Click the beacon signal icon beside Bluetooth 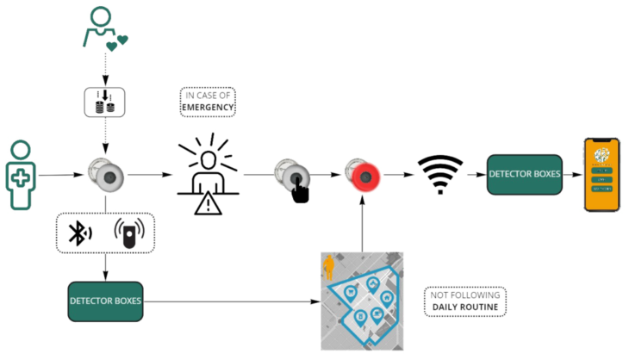click(x=130, y=227)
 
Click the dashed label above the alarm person click(x=208, y=101)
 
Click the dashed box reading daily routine click(x=466, y=301)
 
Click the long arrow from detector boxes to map click(x=233, y=301)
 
